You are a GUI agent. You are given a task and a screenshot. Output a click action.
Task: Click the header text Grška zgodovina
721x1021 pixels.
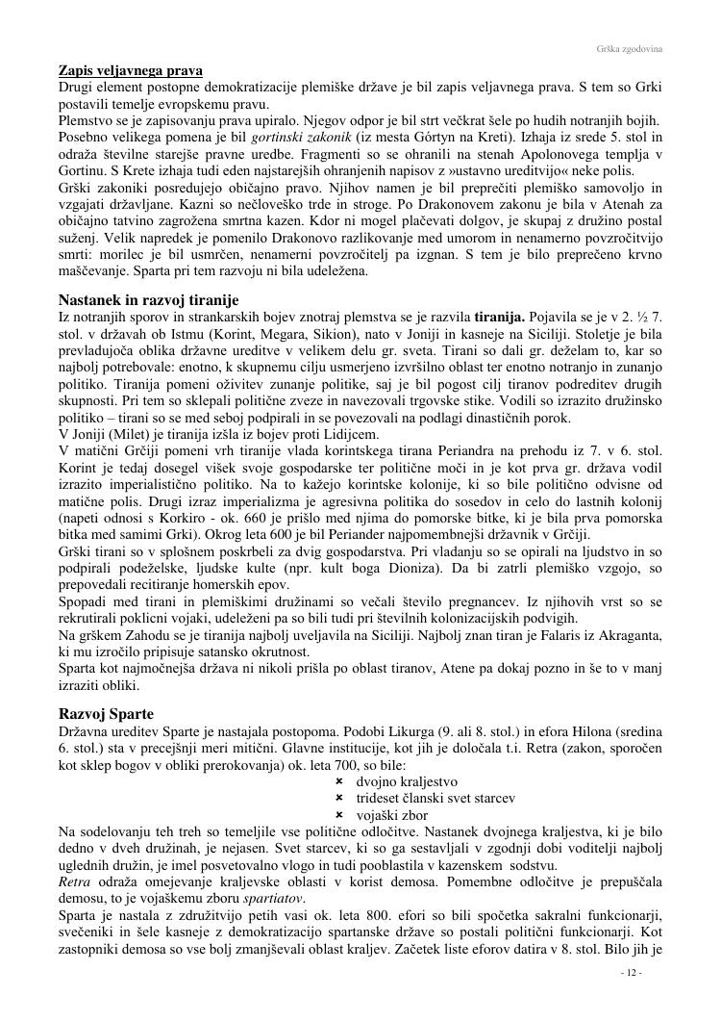tap(631, 47)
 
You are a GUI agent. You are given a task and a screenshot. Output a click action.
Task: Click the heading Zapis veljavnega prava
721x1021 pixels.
tap(131, 71)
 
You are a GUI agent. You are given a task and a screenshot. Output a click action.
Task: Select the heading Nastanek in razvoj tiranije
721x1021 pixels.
tap(148, 300)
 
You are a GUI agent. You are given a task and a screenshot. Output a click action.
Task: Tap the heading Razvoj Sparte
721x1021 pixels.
tap(106, 713)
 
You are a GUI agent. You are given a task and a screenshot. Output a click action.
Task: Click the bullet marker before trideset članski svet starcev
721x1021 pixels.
tap(339, 798)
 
